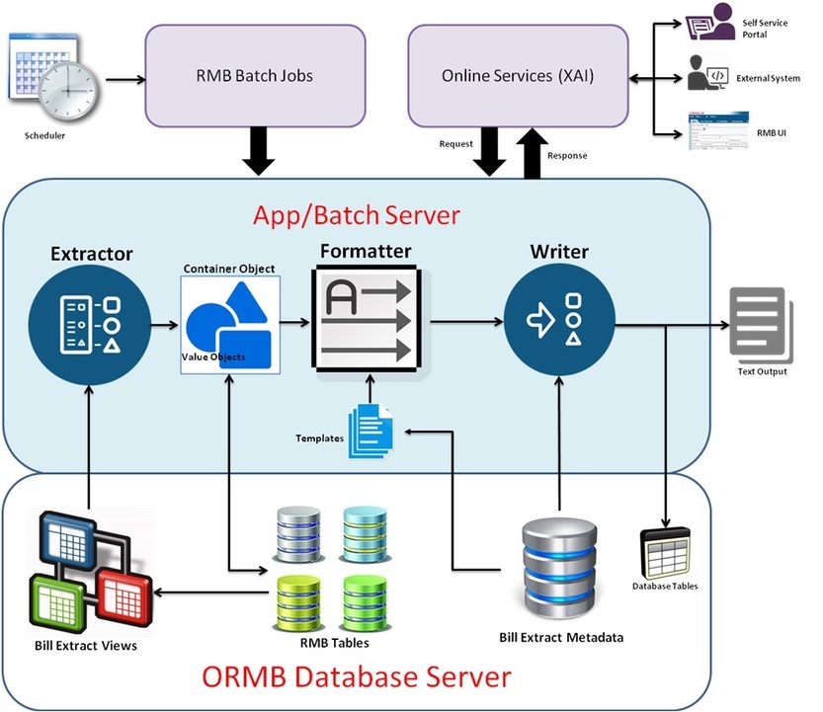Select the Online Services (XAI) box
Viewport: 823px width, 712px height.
(518, 76)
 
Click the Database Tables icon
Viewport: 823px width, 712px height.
(665, 552)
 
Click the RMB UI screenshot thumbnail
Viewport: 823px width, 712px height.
(709, 131)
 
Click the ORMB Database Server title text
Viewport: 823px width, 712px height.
(357, 677)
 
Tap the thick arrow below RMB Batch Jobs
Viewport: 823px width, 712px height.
(260, 152)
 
